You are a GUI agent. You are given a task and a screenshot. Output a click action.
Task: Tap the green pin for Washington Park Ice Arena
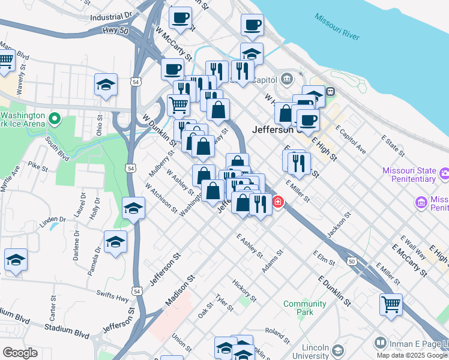[55, 118]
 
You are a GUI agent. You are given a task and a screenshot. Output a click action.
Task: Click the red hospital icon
[278, 202]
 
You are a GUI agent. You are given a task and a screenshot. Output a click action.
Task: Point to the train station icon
[330, 92]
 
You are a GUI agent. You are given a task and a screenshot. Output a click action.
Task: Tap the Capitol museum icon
[287, 79]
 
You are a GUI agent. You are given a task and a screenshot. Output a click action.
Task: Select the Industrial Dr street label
[111, 17]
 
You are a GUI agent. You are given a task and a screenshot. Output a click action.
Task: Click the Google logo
[20, 352]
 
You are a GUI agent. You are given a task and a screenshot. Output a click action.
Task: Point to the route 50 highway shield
[351, 261]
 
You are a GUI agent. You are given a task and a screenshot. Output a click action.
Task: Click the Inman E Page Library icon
[380, 343]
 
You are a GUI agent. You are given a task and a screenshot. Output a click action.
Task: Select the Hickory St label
[244, 290]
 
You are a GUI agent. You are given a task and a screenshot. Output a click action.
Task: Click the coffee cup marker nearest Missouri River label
[252, 25]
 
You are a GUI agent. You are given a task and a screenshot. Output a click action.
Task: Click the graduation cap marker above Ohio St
[106, 85]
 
